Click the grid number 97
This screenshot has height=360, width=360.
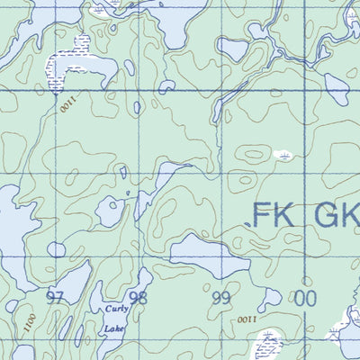pos(57,297)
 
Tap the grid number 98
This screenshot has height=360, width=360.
pos(138,297)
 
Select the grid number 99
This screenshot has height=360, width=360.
pos(221,297)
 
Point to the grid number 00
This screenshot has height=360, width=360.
pos(306,297)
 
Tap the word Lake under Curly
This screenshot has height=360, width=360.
pos(113,329)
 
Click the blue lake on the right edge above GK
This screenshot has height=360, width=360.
pos(337,86)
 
